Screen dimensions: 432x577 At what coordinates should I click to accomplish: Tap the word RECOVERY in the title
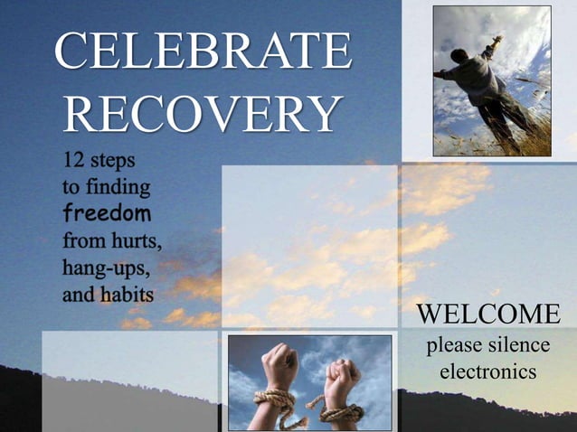pyautogui.click(x=201, y=116)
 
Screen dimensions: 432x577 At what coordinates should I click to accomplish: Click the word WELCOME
pyautogui.click(x=487, y=315)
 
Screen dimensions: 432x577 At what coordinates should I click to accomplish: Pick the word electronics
pyautogui.click(x=487, y=371)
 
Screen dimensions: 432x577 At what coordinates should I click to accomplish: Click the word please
pyautogui.click(x=453, y=346)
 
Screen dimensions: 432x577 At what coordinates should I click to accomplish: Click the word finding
pyautogui.click(x=117, y=189)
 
